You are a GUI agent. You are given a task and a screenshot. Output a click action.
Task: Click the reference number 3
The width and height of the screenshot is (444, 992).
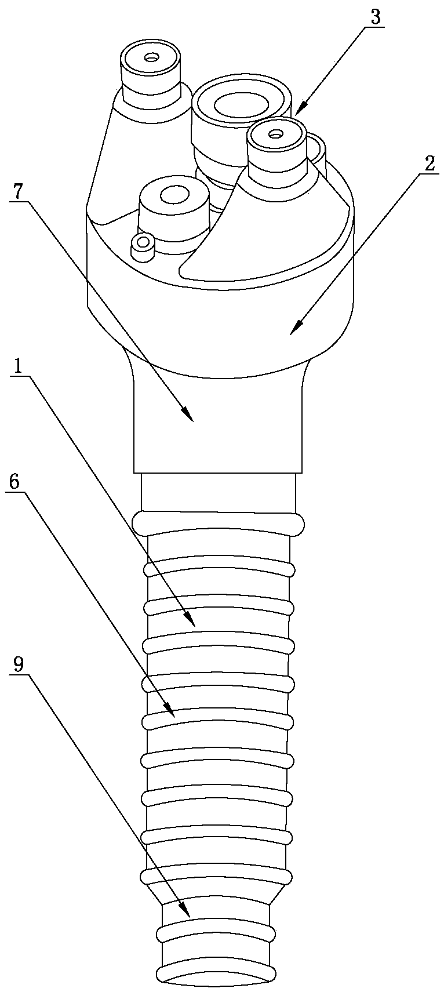click(376, 17)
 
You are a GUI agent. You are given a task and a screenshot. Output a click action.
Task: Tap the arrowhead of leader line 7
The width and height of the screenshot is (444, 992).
click(191, 419)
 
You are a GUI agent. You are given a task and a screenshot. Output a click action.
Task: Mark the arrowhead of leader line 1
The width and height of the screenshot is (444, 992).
click(194, 626)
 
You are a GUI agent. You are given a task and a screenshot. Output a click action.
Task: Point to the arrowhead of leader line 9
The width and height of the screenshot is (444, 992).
click(188, 916)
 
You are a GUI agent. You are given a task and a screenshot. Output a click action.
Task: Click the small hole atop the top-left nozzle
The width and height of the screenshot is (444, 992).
click(152, 57)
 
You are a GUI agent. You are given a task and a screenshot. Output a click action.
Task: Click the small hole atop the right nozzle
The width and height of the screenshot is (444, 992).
click(275, 133)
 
